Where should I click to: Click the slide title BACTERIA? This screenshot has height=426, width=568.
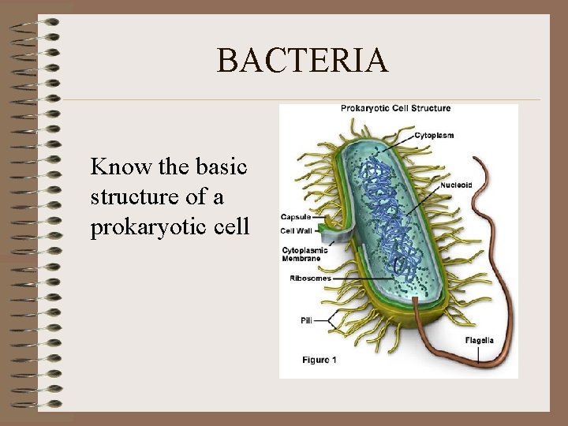pos(302,61)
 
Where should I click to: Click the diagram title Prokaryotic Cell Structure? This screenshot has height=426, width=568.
pos(395,108)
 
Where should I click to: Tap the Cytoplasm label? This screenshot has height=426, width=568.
pos(434,135)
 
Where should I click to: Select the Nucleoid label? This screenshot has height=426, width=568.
pos(457,185)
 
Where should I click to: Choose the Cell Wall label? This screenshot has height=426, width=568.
pos(295,231)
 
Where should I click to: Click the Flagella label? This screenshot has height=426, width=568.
pos(479,341)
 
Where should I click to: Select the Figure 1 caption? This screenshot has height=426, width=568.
pos(319,360)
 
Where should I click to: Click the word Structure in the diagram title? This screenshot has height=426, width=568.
pos(428,108)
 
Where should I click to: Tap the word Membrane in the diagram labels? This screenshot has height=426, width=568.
pos(303,259)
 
